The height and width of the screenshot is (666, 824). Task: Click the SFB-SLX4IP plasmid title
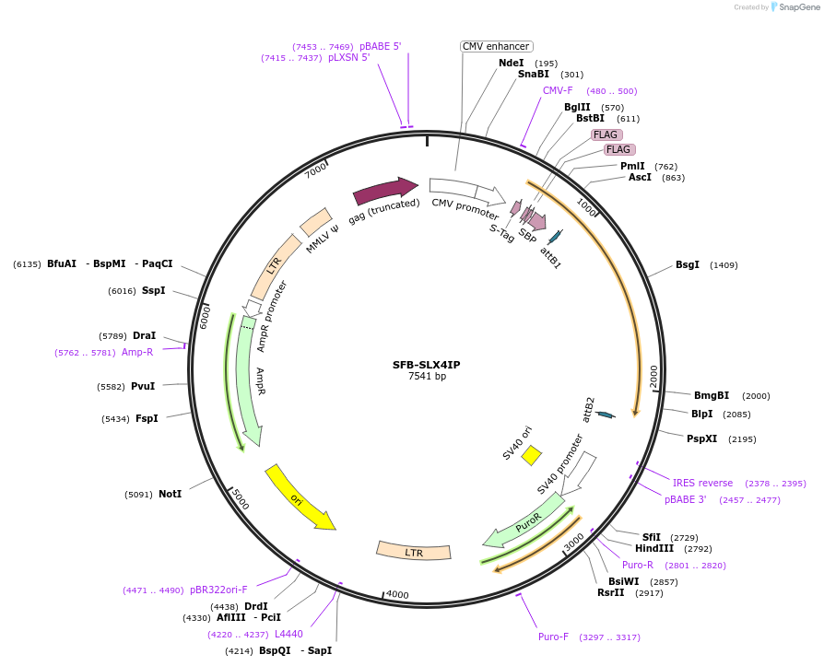point(426,364)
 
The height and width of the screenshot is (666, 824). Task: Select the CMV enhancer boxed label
point(496,46)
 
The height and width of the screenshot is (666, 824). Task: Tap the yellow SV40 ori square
point(531,455)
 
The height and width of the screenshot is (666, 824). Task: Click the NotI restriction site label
point(170,494)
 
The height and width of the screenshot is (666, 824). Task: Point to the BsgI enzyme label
point(688,265)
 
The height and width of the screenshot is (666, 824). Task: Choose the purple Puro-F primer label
point(553,637)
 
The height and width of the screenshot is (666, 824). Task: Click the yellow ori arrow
point(299,497)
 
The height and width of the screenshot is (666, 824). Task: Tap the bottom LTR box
point(414,551)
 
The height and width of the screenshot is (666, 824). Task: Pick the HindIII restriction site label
point(653,548)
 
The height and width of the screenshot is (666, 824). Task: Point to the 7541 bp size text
point(427,376)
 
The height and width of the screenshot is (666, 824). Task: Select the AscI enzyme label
point(640,177)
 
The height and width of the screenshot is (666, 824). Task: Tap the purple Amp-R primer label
point(137,352)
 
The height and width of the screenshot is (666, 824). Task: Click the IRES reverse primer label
point(702,483)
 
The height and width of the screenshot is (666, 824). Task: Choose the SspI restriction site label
point(153,290)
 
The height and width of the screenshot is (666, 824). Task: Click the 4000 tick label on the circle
point(396,594)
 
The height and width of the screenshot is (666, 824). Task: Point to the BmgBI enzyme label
point(712,395)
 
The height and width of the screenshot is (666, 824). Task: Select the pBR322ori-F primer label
point(218,590)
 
